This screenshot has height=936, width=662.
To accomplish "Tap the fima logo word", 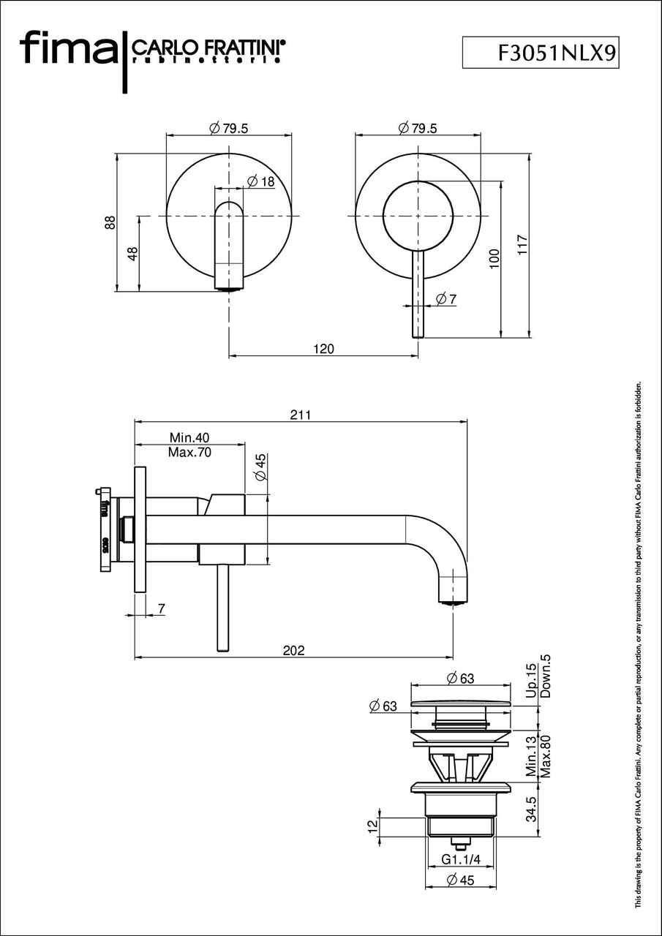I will coord(67,49).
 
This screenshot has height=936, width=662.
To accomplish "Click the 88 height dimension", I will coord(110,222).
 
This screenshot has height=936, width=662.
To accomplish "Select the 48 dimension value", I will coord(132,253).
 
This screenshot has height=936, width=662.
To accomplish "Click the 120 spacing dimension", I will coord(323,349).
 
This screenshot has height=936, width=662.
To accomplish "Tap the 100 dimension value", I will coord(494,260).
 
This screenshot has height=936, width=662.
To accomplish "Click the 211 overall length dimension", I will coord(301,415).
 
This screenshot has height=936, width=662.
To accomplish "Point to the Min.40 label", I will coord(189,437).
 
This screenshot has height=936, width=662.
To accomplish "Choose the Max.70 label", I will coord(189,452).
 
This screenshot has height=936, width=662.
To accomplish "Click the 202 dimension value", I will coord(293,650).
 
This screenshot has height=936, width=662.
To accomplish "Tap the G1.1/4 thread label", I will coord(459,858).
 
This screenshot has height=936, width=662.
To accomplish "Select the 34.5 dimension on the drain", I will coord(532,809).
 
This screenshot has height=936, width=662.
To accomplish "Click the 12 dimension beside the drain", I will coord(372,826).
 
